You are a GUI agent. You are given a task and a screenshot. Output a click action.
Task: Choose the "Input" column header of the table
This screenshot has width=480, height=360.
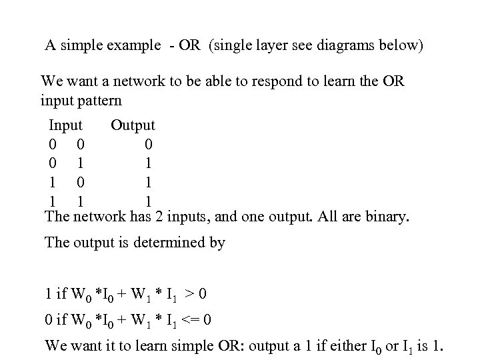[x=65, y=125]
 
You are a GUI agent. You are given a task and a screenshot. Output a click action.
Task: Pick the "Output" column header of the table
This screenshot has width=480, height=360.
[x=133, y=125]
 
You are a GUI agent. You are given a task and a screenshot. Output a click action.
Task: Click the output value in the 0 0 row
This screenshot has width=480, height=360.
[x=148, y=143]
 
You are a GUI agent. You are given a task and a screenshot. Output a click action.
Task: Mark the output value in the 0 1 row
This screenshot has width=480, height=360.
[x=148, y=162]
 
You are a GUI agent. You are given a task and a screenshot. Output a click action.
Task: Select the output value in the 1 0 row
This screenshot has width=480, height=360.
[x=148, y=181]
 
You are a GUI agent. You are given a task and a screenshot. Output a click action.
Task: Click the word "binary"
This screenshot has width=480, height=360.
[x=385, y=217]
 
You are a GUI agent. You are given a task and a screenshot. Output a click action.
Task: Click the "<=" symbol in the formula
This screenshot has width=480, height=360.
[x=195, y=320]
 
